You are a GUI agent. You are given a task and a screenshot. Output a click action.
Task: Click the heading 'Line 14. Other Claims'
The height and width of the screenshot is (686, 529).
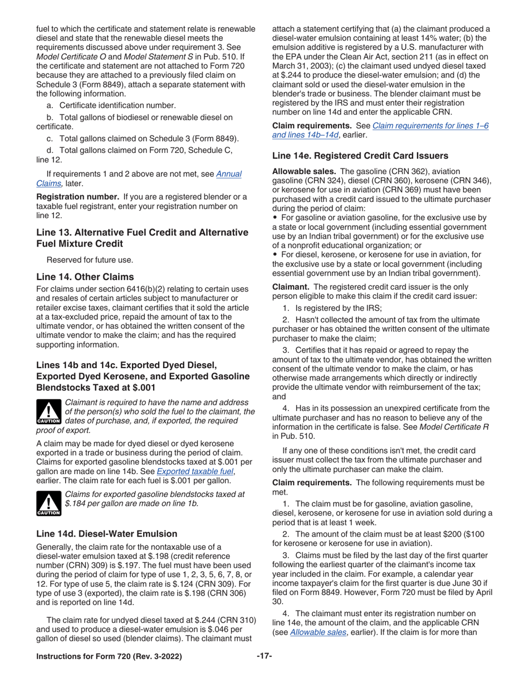click(85, 277)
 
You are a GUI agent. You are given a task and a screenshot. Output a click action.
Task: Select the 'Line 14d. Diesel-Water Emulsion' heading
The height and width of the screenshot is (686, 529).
click(106, 534)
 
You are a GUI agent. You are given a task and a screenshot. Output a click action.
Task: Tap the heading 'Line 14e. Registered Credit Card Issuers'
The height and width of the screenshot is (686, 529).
click(360, 156)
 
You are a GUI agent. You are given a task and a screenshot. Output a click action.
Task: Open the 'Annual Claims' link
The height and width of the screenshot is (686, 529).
click(228, 174)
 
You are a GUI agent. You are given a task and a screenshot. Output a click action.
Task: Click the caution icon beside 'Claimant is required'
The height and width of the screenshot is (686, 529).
click(48, 412)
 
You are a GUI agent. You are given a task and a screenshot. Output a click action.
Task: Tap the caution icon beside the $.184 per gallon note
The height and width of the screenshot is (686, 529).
click(48, 504)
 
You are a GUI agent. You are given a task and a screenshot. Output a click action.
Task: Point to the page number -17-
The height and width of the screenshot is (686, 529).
click(264, 656)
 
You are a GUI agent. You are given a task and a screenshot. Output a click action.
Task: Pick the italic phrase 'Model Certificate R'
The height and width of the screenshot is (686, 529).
click(455, 427)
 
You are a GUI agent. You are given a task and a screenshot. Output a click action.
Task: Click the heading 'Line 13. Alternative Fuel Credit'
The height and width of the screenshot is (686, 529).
click(142, 232)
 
